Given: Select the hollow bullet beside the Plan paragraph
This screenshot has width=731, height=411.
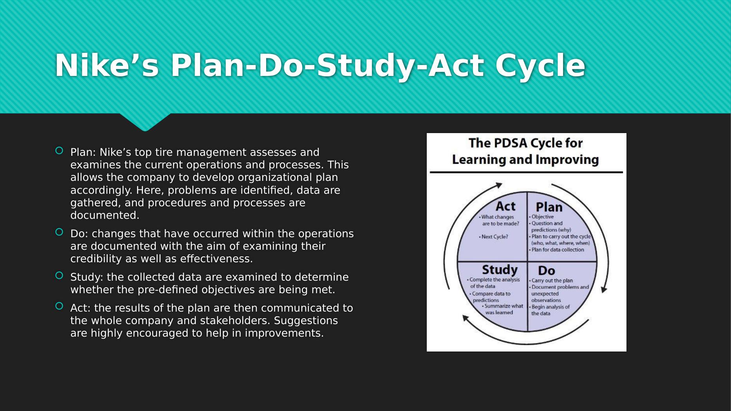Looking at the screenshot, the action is click(59, 150).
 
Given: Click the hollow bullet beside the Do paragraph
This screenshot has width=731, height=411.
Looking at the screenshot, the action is click(59, 232).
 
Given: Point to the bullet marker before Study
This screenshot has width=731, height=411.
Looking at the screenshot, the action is click(59, 276).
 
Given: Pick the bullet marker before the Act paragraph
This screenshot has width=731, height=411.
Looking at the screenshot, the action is click(59, 306).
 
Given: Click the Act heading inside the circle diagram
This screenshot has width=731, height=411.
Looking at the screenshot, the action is click(505, 206).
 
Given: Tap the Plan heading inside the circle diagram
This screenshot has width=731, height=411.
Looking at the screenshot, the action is click(549, 207).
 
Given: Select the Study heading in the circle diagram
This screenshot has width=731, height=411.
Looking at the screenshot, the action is click(500, 270).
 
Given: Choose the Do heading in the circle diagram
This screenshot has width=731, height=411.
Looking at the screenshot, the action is click(547, 270).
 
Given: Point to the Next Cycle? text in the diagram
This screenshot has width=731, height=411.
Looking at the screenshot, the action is click(494, 237).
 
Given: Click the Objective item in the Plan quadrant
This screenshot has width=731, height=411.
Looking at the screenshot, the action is click(541, 217).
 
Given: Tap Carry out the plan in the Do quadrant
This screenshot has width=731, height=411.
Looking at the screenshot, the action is click(551, 281).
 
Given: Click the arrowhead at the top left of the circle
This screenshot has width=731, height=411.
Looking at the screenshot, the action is click(499, 185).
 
